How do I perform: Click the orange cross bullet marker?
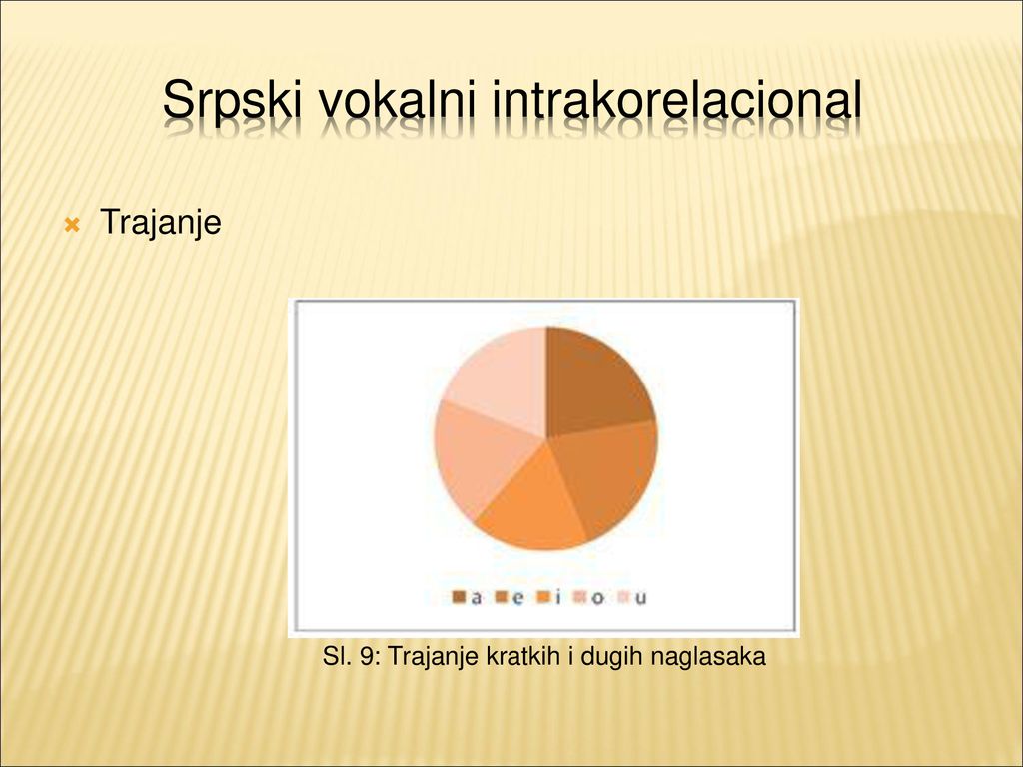tap(72, 226)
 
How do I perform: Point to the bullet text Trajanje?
tap(161, 223)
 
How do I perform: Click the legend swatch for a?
tap(459, 597)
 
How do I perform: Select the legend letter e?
tap(518, 598)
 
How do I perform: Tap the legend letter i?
tap(558, 597)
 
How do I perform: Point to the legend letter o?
tap(597, 599)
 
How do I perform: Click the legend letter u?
tap(640, 599)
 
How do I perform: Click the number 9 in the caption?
tap(367, 656)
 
